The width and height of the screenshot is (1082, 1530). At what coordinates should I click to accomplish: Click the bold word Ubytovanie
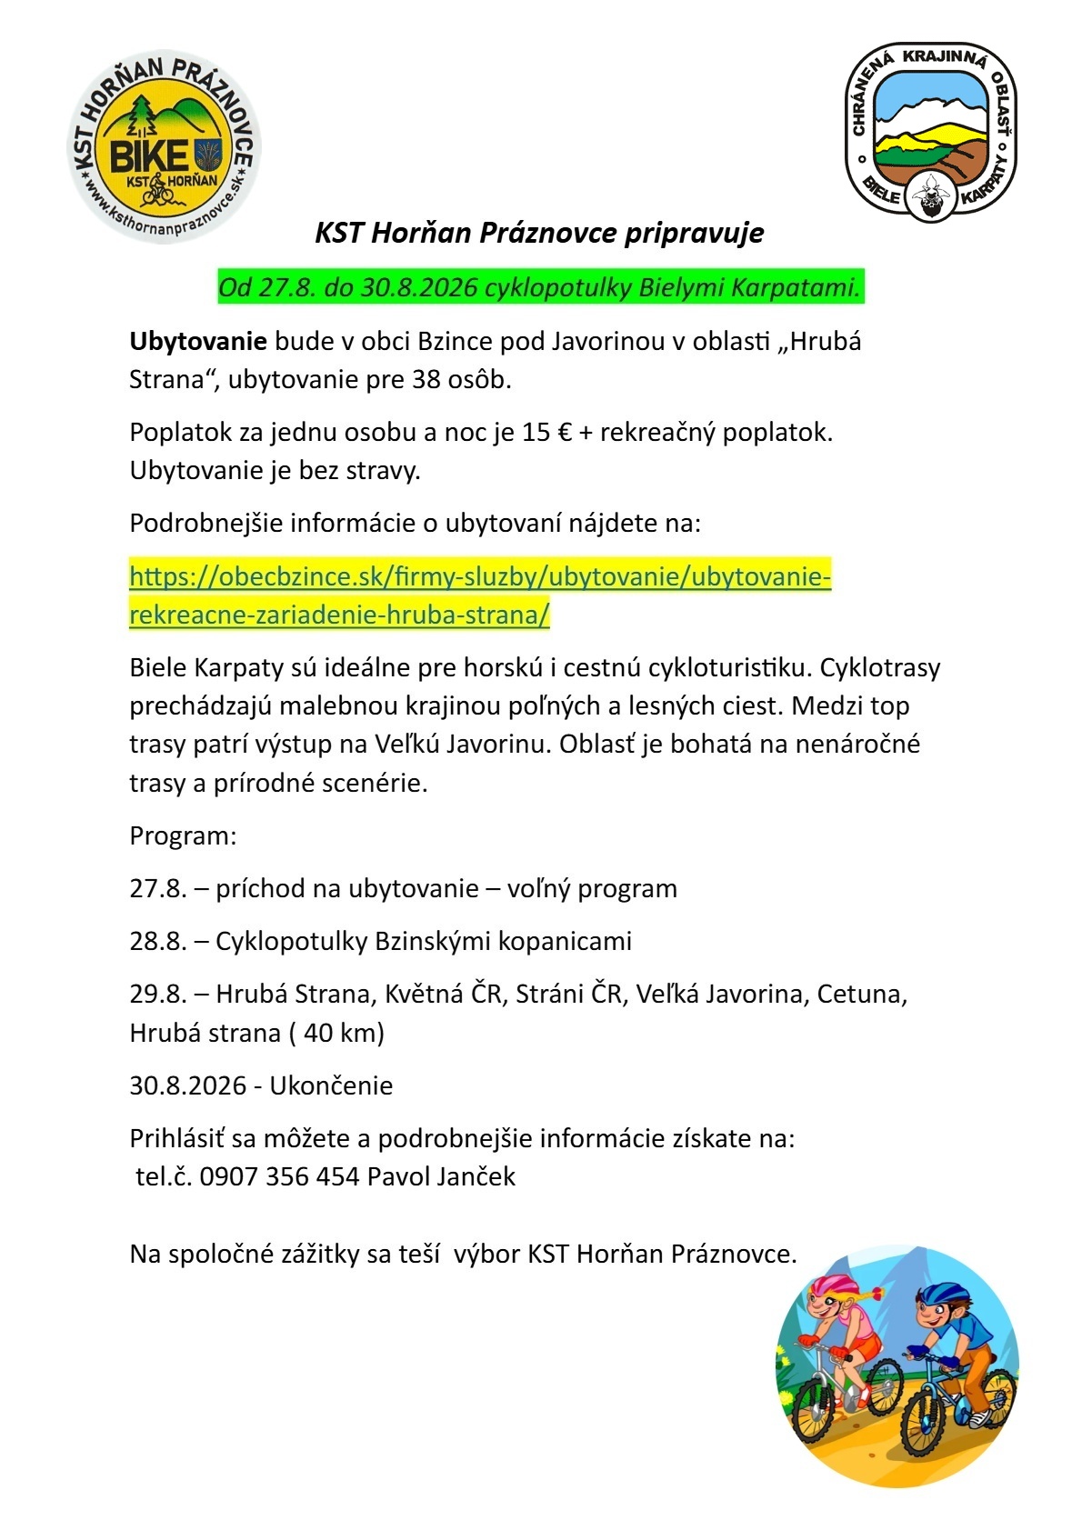click(x=198, y=342)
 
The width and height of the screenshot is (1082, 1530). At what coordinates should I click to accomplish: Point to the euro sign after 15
click(x=564, y=432)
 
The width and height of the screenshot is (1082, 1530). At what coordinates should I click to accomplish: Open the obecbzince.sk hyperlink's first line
click(x=480, y=577)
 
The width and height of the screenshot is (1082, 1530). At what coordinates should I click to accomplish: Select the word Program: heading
click(x=183, y=835)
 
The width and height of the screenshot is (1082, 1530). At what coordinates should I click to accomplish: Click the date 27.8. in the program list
click(x=157, y=888)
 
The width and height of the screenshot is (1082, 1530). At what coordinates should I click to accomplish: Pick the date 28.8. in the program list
click(x=157, y=941)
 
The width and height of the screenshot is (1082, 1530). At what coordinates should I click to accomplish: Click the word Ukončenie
click(x=331, y=1085)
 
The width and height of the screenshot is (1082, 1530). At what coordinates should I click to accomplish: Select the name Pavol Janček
click(x=441, y=1176)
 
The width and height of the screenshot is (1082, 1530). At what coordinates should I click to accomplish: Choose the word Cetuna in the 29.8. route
click(x=859, y=994)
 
